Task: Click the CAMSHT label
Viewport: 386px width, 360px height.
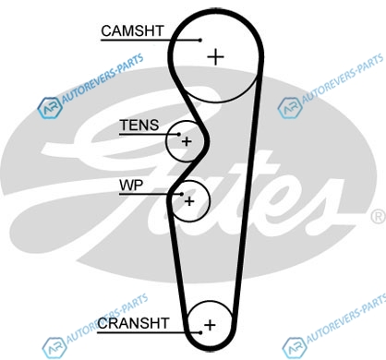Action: click(x=132, y=30)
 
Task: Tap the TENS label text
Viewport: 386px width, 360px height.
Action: click(x=139, y=126)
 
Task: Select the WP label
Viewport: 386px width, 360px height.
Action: click(x=131, y=185)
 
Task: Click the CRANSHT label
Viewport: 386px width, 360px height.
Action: click(x=133, y=323)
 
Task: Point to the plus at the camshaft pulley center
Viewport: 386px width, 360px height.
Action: click(x=216, y=57)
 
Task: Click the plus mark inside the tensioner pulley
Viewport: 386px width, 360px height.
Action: click(x=187, y=141)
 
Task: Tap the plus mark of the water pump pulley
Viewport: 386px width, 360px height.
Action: click(x=189, y=201)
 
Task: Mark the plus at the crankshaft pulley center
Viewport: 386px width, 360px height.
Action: click(x=210, y=325)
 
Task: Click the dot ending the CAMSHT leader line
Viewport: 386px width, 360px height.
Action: click(x=200, y=40)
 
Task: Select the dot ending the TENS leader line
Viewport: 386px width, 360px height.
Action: click(x=179, y=134)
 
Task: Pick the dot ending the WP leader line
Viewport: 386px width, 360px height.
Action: click(x=182, y=194)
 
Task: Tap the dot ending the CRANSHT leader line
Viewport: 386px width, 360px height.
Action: click(x=200, y=332)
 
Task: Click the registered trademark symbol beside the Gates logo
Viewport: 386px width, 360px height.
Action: click(x=379, y=217)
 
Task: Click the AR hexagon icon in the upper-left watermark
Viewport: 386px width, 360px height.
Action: click(x=49, y=108)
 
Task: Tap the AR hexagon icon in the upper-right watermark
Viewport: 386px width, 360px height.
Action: click(x=289, y=108)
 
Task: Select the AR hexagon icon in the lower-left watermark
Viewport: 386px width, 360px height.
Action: click(x=54, y=348)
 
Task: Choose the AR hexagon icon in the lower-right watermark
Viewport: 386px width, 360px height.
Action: click(x=294, y=348)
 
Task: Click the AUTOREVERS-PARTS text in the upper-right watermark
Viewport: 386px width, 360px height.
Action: click(x=343, y=78)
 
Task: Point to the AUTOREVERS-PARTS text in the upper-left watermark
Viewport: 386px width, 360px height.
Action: click(x=103, y=78)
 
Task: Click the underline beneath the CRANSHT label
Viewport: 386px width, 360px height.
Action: click(x=149, y=332)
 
